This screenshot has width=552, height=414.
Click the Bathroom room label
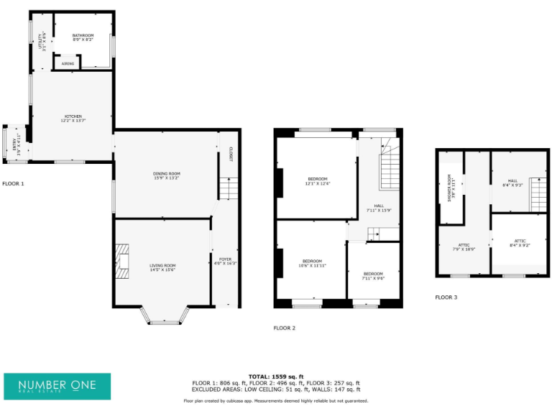click(x=83, y=37)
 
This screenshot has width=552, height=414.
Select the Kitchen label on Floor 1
click(x=73, y=118)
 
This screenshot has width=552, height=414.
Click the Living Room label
click(x=162, y=267)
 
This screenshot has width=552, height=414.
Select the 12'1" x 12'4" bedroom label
click(x=318, y=180)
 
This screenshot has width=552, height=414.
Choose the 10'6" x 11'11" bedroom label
click(x=313, y=262)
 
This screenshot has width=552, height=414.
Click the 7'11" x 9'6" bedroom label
click(x=373, y=276)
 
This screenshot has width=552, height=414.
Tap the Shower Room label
click(x=451, y=188)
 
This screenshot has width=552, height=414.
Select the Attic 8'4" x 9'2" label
click(x=520, y=243)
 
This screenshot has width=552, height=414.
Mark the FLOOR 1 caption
click(x=13, y=184)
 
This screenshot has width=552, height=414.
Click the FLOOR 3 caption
click(x=446, y=297)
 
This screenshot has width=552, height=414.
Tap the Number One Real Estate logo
click(x=57, y=386)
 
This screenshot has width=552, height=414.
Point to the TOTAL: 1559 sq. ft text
click(x=276, y=377)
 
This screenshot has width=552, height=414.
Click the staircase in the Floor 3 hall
click(x=538, y=194)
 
